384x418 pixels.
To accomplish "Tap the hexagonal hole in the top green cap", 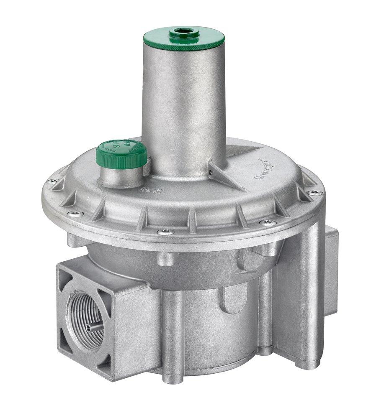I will click(x=183, y=31).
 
